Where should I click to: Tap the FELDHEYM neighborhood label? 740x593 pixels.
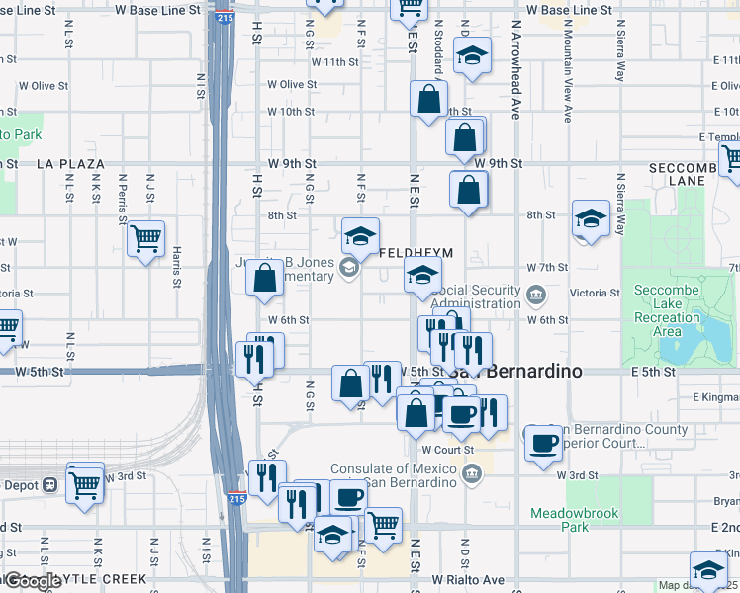(416, 253)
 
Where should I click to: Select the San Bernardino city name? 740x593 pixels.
(514, 373)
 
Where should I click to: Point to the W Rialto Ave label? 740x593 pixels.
(468, 579)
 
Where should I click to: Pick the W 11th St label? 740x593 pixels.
(333, 61)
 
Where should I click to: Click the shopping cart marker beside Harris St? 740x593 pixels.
(145, 239)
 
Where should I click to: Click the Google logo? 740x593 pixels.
(32, 581)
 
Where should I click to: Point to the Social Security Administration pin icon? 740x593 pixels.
(535, 293)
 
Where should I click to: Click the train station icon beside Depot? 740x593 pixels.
(48, 485)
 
